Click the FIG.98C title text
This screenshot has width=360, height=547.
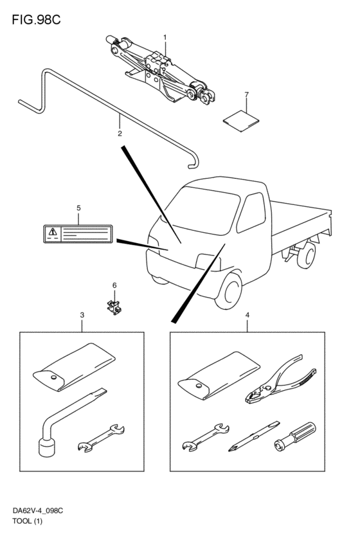tap(36, 20)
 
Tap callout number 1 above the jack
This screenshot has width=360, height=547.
tap(165, 37)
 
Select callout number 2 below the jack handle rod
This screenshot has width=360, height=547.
tap(120, 133)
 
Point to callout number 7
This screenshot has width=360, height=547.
tap(247, 94)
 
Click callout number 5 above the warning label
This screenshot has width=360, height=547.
tap(78, 208)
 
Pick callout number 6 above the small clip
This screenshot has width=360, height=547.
tap(114, 285)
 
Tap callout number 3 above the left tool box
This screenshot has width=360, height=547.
tap(82, 315)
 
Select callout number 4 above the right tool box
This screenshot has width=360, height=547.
tap(248, 315)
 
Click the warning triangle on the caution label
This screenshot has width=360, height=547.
tap(52, 231)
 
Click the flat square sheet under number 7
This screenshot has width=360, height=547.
tap(241, 121)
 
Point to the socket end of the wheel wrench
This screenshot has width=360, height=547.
tap(46, 448)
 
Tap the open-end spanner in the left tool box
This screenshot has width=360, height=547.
tap(101, 438)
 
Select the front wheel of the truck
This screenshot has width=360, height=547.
tap(228, 292)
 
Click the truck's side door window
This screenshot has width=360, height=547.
tap(251, 213)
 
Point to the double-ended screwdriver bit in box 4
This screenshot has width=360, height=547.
tap(254, 436)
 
